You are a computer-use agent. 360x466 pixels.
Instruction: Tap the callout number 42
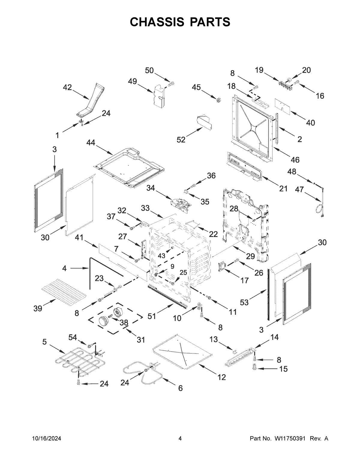67,87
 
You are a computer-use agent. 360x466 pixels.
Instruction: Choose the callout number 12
221,377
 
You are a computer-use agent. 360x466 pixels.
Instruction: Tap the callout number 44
91,143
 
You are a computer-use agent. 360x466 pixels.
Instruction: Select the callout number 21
283,188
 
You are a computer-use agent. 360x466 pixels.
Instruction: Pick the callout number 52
181,140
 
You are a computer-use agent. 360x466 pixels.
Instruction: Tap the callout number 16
320,96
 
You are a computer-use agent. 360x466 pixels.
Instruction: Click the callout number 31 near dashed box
141,340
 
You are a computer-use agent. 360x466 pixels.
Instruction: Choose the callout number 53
244,302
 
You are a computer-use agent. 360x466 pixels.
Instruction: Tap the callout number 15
283,369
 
